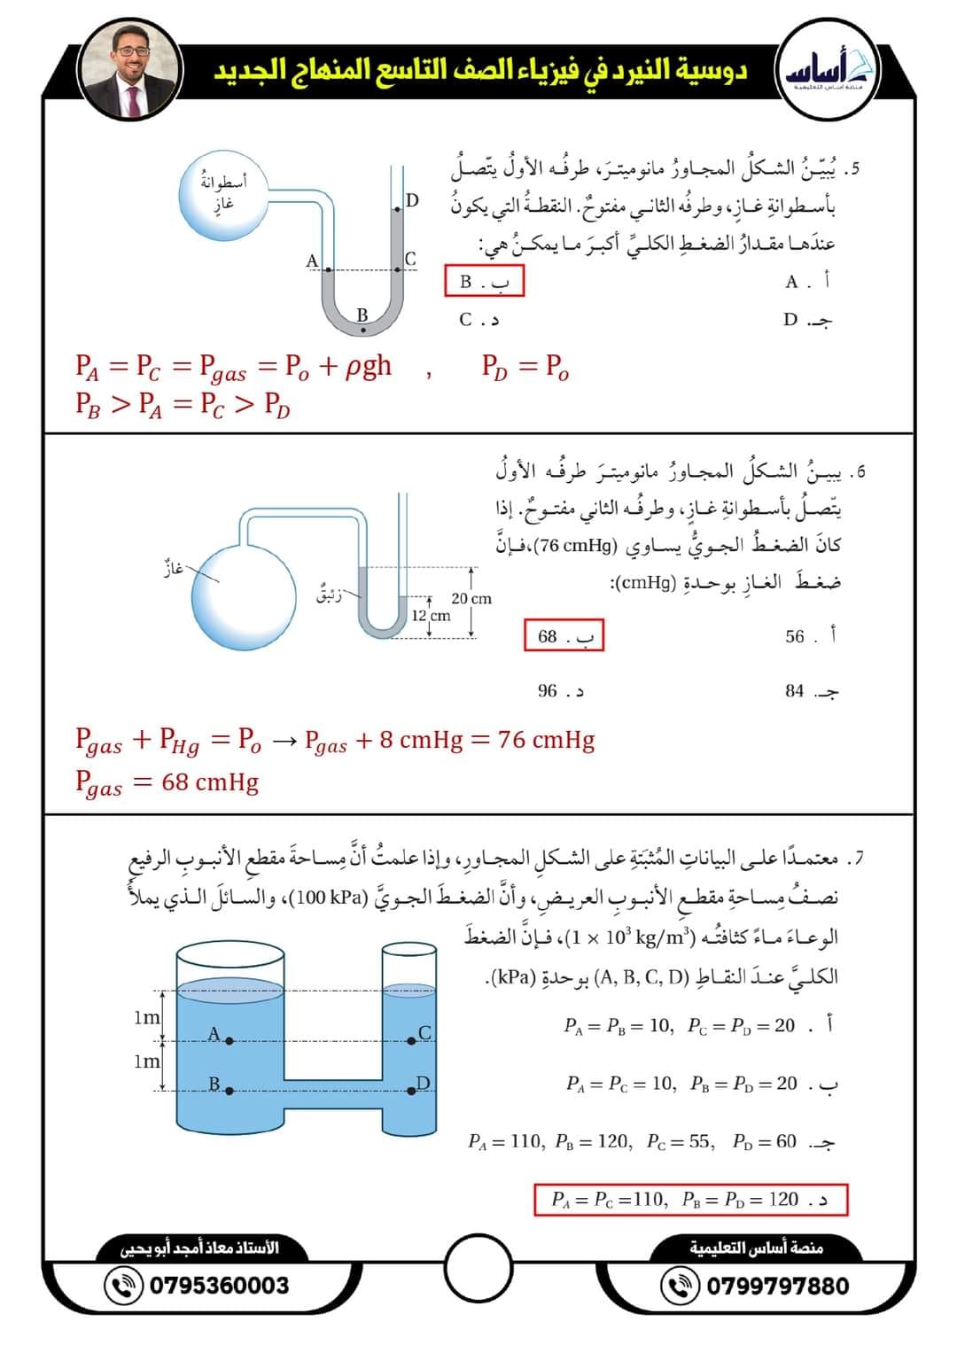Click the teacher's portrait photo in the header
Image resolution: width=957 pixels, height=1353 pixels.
click(x=130, y=69)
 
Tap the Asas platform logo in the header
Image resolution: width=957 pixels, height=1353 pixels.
click(x=828, y=69)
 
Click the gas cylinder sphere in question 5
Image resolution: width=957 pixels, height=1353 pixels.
click(x=223, y=195)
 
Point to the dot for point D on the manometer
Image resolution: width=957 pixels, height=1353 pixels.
click(x=398, y=210)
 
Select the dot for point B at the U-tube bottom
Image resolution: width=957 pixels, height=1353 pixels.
click(x=363, y=330)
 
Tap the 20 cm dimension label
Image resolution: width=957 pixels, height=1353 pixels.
click(x=471, y=598)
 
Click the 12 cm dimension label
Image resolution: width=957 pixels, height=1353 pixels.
click(x=431, y=616)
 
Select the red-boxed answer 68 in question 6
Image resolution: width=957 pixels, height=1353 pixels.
click(x=564, y=635)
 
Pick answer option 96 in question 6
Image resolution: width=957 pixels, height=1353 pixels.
click(x=560, y=690)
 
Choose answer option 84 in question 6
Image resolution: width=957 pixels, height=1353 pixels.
click(x=811, y=690)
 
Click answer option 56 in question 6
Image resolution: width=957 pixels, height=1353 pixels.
click(x=810, y=635)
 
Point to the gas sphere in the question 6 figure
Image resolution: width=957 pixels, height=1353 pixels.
click(x=244, y=597)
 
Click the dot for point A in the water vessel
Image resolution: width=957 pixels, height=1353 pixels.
click(x=230, y=1041)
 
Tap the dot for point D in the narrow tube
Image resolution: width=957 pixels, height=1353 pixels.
click(x=411, y=1091)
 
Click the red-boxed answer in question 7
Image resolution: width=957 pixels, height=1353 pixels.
click(x=690, y=1199)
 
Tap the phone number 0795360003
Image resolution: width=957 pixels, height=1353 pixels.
click(x=220, y=1286)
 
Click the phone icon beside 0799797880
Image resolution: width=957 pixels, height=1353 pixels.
click(x=681, y=1286)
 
